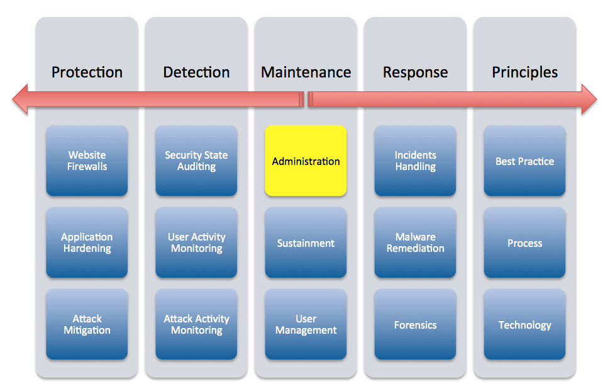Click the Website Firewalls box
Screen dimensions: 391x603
click(87, 161)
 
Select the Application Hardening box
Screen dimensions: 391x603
click(87, 243)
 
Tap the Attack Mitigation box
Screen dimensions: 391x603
click(87, 325)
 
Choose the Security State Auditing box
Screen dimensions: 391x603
click(196, 161)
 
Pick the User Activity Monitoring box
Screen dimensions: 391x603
click(196, 243)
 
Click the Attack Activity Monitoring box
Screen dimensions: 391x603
click(196, 325)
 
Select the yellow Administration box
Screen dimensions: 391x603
click(306, 161)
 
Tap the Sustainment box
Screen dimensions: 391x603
click(306, 243)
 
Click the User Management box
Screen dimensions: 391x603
click(306, 325)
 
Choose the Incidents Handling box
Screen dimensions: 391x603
click(415, 161)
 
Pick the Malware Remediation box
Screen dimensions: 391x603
click(415, 243)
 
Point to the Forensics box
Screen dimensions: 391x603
click(415, 325)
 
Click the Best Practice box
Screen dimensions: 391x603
click(524, 161)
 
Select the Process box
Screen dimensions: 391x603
click(524, 243)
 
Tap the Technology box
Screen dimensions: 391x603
click(524, 325)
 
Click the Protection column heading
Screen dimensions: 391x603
click(87, 72)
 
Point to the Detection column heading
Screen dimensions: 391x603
click(196, 72)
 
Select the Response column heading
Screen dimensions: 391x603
click(415, 72)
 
